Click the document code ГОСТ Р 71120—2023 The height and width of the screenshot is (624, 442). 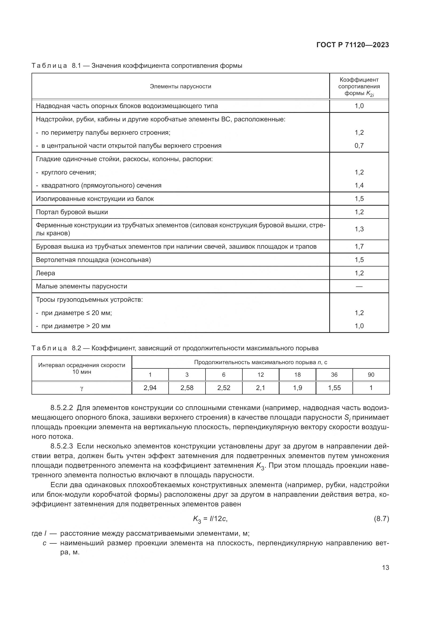point(352,45)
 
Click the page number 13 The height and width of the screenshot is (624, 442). point(385,567)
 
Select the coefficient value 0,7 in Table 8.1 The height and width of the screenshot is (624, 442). point(359,146)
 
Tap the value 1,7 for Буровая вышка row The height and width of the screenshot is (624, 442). point(359,247)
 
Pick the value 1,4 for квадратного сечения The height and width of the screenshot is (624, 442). point(359,185)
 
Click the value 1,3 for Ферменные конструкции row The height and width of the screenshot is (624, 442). point(359,229)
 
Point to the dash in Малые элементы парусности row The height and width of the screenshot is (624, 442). point(359,286)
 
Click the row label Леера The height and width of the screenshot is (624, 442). point(45,273)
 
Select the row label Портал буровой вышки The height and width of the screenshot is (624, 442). point(72,212)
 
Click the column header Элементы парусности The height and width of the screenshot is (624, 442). point(180,86)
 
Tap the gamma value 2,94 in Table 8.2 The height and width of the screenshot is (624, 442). point(150,388)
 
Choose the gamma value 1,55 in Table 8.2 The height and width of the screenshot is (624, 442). point(334,388)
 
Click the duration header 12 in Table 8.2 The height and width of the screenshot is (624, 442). point(261,375)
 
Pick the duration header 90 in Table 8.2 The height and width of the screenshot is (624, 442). point(371,375)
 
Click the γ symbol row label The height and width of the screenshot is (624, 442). point(82,388)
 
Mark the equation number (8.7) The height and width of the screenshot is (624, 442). point(381,519)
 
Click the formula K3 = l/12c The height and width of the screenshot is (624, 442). point(210,519)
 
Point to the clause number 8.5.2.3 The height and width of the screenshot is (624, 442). point(62,446)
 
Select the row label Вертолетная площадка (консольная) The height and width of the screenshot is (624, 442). point(93,260)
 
